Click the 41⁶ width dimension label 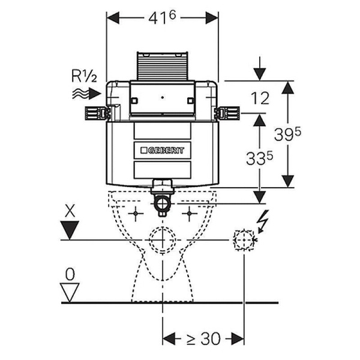tap(162, 18)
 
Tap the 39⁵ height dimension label tap(287, 134)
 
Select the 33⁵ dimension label tap(259, 158)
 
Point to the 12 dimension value tap(260, 98)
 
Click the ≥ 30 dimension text tap(203, 338)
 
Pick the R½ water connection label tap(84, 76)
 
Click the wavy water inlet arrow tap(86, 94)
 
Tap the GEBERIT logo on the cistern tap(162, 151)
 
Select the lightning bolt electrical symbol tap(262, 221)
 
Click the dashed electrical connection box tap(244, 240)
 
